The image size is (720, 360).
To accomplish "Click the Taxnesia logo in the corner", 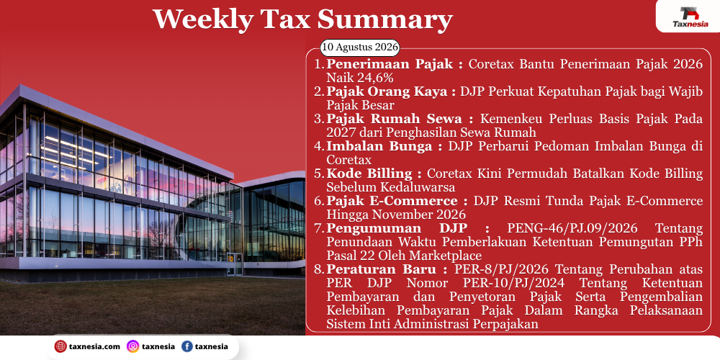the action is [x=690, y=17].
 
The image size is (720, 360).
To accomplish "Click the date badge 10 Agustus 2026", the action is [x=359, y=48].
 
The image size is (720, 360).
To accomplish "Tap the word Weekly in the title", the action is [x=202, y=19].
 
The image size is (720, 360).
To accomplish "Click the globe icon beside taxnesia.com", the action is [x=60, y=347].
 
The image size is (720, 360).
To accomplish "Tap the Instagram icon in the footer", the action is [x=132, y=347].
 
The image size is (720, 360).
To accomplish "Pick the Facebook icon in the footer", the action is [x=186, y=347].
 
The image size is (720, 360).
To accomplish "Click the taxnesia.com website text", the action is [x=94, y=347].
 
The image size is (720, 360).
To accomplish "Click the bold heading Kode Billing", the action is [x=374, y=174].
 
